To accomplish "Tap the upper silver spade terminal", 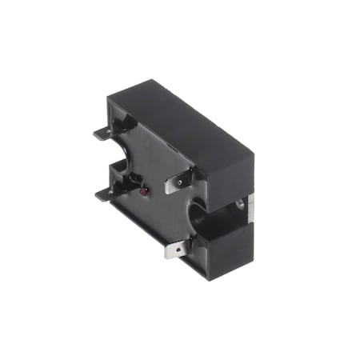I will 177,184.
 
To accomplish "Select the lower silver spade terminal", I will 176,250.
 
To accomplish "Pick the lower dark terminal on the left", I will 104,193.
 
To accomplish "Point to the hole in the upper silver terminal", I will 180,183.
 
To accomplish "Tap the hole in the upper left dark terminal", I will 102,134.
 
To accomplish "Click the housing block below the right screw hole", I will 228,244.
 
